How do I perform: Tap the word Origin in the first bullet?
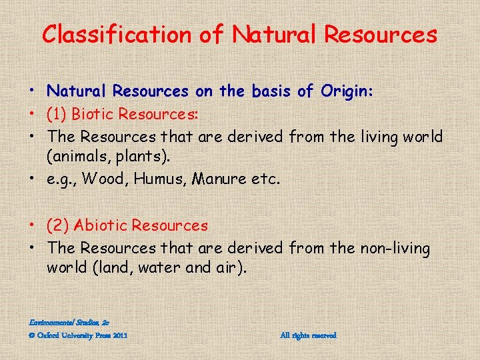(x=346, y=91)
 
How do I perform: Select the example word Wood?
(x=118, y=179)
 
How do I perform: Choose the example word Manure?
(x=225, y=179)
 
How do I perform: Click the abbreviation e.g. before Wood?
(x=63, y=179)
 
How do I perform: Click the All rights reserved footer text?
(x=308, y=335)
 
